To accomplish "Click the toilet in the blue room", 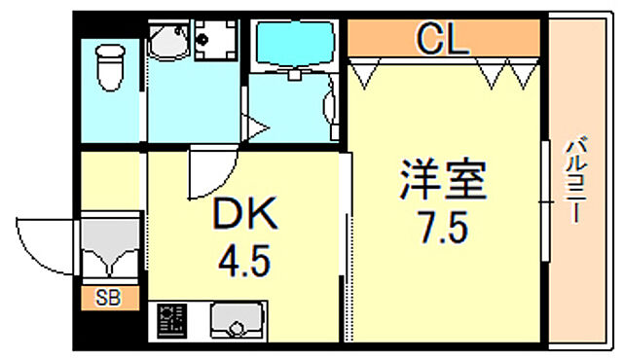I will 108,65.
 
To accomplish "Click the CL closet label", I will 443,41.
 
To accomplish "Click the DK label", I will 246,214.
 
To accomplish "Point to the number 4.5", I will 246,260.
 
